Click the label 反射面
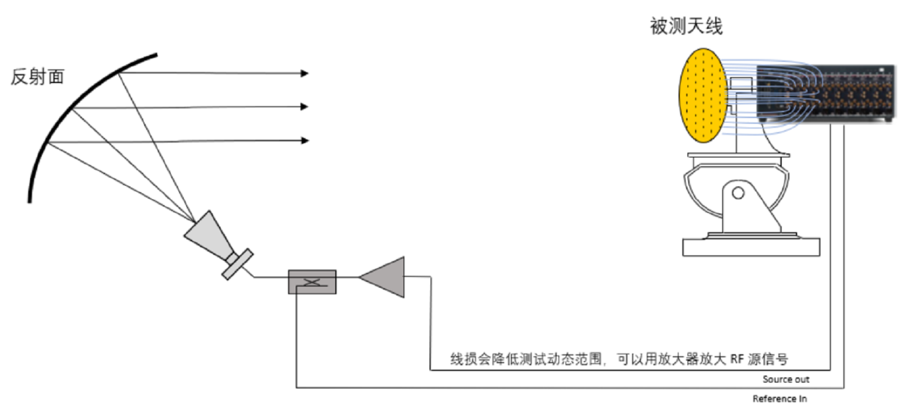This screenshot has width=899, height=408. pyautogui.click(x=37, y=77)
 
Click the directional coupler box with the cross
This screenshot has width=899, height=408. pyautogui.click(x=312, y=282)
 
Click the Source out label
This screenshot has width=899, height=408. pyautogui.click(x=785, y=379)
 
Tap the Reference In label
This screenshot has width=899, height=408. pyautogui.click(x=779, y=399)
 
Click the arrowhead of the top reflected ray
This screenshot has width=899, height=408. pyautogui.click(x=305, y=73)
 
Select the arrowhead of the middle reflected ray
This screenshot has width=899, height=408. pyautogui.click(x=305, y=107)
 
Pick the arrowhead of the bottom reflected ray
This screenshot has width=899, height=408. pyautogui.click(x=305, y=140)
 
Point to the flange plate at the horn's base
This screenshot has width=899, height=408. pyautogui.click(x=238, y=264)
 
